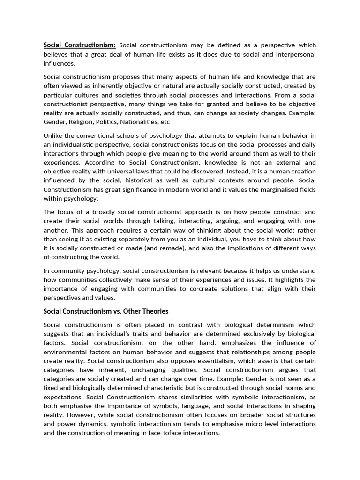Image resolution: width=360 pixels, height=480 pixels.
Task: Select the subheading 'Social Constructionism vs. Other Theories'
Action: (x=105, y=311)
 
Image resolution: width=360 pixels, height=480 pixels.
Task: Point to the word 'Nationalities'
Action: (x=139, y=122)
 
